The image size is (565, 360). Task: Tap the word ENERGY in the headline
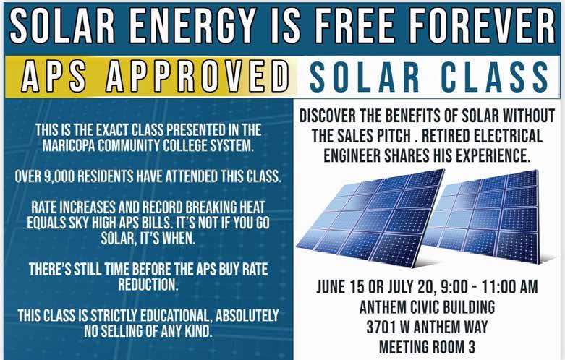click(192, 25)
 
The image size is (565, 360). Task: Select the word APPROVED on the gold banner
click(197, 76)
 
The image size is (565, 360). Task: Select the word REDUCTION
click(148, 284)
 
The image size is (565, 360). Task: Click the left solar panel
click(370, 218)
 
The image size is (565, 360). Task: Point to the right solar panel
click(483, 215)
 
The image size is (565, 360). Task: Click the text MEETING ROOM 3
click(427, 347)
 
